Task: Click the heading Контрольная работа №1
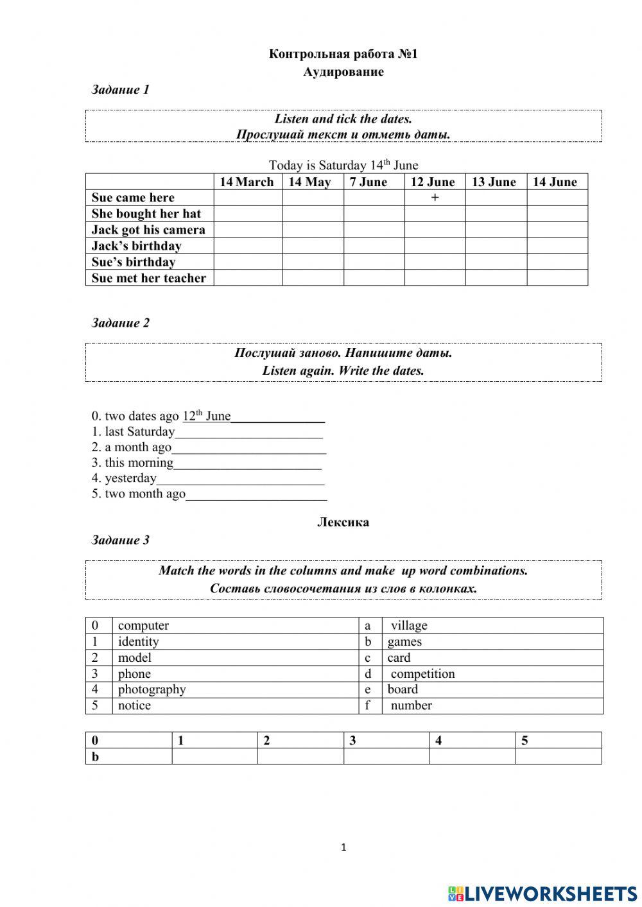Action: [x=343, y=54]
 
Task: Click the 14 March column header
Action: [x=247, y=182]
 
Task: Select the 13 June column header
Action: [x=494, y=182]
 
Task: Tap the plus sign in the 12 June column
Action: [x=435, y=198]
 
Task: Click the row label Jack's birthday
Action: [x=136, y=246]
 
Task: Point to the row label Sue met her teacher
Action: [x=148, y=278]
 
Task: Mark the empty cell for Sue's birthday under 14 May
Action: [x=313, y=262]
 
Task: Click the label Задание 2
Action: [x=120, y=323]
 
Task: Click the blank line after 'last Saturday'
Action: [x=248, y=433]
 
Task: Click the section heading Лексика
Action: [x=343, y=523]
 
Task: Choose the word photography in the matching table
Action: [x=152, y=689]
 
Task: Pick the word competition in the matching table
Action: [x=422, y=673]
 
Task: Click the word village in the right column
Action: [x=408, y=625]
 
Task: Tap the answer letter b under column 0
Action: [x=96, y=757]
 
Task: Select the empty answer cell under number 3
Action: [x=386, y=757]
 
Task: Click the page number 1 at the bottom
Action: [x=343, y=848]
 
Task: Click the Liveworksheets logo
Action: [x=542, y=893]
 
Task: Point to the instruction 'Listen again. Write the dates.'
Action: [x=343, y=371]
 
